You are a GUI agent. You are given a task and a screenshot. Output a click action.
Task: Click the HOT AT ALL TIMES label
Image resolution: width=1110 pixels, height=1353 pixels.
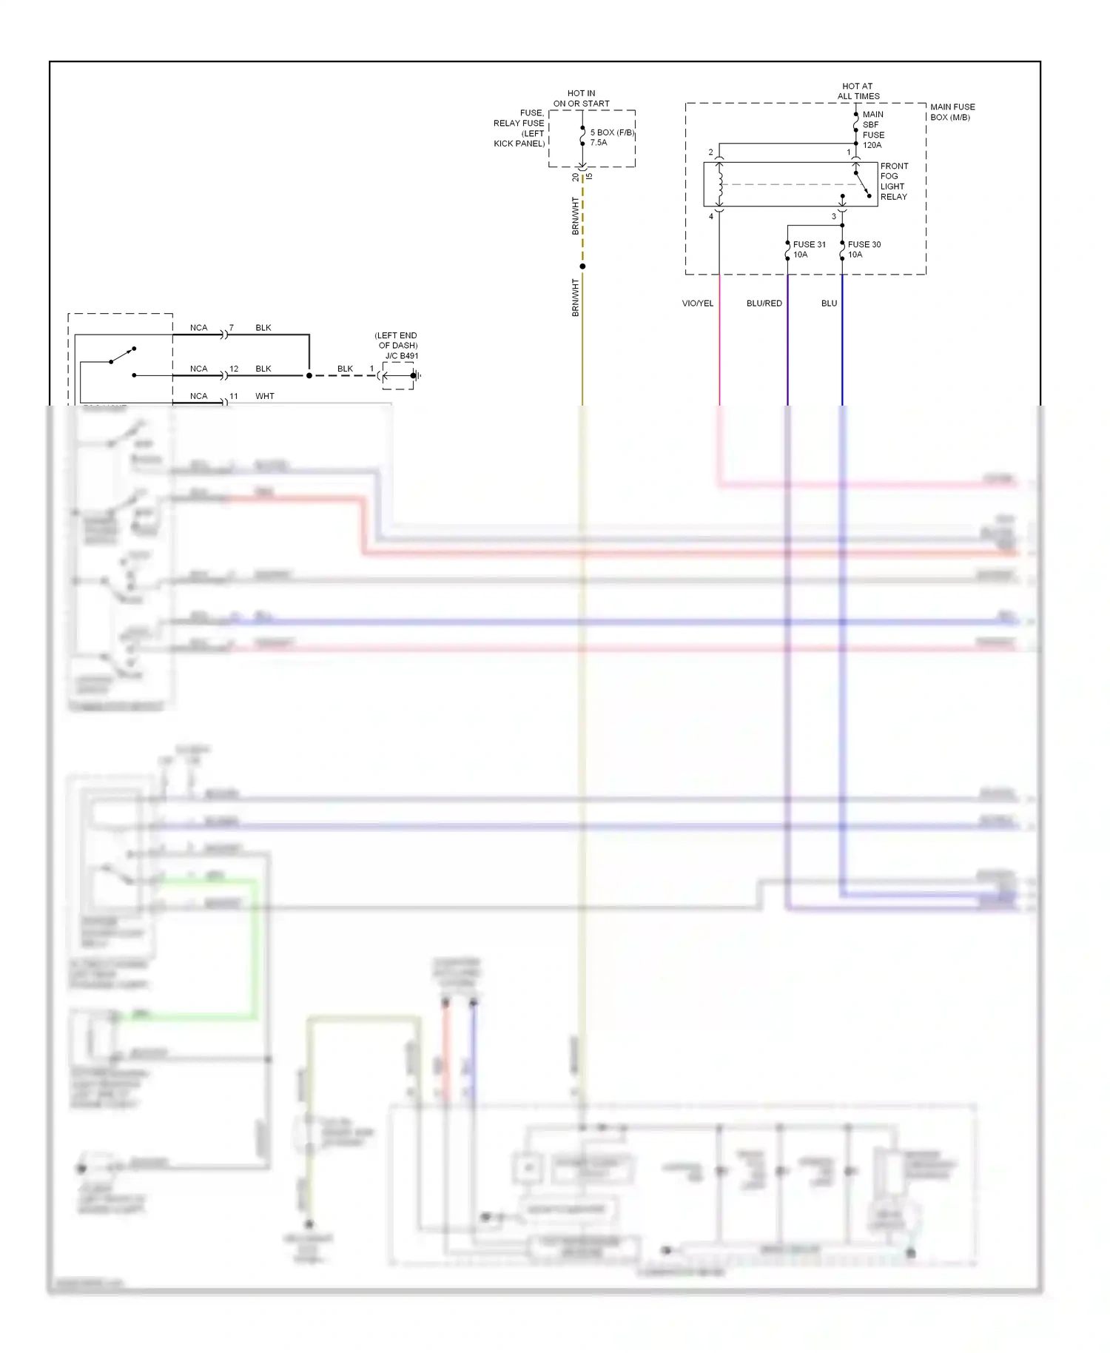point(858,91)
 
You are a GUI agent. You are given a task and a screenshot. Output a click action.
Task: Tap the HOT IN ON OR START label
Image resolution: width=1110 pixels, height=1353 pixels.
point(581,98)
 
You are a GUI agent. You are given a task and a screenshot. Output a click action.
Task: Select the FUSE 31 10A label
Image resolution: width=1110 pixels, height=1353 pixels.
point(809,249)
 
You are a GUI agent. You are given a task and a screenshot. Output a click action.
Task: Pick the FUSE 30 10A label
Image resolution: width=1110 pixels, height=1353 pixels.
point(864,249)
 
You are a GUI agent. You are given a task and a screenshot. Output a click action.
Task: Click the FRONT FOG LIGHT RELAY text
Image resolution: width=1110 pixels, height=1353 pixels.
point(894,181)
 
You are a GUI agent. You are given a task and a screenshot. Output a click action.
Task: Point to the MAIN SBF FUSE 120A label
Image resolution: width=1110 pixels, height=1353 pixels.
point(873,130)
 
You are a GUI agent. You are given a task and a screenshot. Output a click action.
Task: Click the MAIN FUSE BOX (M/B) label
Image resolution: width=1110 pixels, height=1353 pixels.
point(952,112)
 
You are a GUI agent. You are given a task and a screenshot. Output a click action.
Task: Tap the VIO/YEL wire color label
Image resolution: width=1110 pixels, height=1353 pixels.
point(697,303)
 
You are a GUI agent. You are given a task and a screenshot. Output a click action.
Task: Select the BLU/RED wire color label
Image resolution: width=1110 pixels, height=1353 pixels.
point(764,303)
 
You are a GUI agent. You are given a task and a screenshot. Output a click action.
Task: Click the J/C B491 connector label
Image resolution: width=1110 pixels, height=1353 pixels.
point(401,356)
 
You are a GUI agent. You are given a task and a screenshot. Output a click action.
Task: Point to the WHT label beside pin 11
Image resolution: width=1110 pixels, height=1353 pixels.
point(264,396)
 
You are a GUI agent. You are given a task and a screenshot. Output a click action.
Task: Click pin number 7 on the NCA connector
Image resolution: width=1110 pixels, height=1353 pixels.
point(232,327)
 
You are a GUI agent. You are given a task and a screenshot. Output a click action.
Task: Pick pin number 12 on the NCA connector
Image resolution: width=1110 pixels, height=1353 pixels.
point(234,369)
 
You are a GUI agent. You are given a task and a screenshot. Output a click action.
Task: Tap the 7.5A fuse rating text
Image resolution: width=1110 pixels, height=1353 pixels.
point(598,143)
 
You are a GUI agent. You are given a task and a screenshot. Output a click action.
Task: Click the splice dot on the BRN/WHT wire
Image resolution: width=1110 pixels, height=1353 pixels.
point(582,266)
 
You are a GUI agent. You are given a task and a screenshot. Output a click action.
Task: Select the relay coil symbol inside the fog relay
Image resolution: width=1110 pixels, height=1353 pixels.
point(719,184)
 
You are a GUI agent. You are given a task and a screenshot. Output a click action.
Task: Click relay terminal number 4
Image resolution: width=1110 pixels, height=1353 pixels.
point(711,216)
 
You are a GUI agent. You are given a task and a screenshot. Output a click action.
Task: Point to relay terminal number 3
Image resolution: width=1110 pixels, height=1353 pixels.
point(833,216)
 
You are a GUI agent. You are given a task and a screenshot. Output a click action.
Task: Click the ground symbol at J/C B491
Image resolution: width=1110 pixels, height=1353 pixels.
point(417,375)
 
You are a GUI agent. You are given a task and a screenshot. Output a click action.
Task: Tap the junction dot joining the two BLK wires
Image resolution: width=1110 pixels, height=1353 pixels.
point(309,375)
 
